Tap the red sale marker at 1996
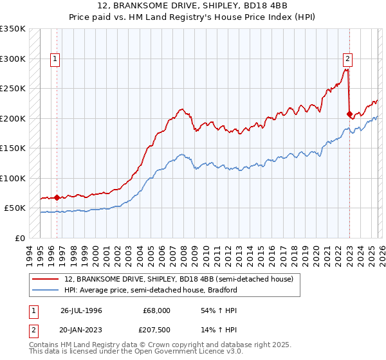pyautogui.click(x=57, y=197)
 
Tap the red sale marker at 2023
pyautogui.click(x=349, y=114)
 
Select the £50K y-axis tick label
pyautogui.click(x=14, y=208)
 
